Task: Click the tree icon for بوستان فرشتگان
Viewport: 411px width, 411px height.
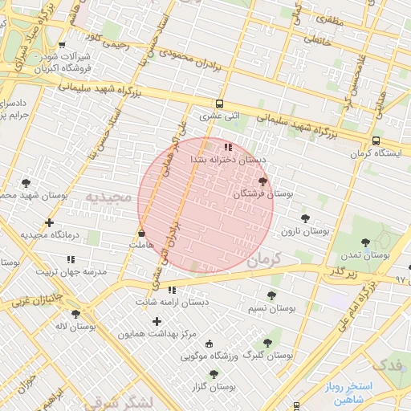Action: pos(263,182)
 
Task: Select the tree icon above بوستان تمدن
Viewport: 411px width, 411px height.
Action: pos(365,242)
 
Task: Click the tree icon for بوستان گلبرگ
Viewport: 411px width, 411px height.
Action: pos(267,342)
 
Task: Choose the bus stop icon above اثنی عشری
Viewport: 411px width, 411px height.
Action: pos(219,104)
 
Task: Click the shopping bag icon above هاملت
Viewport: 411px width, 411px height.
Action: pos(142,233)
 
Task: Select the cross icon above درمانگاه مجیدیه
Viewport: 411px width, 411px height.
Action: pos(50,222)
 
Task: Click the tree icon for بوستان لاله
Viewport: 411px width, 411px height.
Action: pos(75,314)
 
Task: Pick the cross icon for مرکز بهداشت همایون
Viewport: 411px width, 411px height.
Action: pos(157,321)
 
